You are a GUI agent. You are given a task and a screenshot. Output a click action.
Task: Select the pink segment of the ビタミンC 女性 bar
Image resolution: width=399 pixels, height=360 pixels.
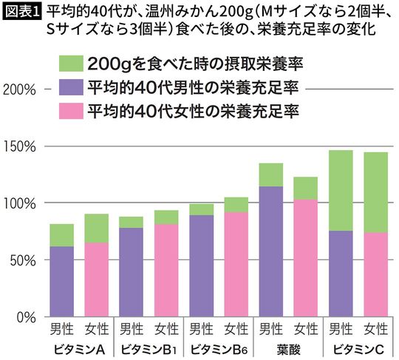[x=376, y=274]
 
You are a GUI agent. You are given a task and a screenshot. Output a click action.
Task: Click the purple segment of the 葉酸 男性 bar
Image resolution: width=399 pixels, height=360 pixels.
[x=271, y=251]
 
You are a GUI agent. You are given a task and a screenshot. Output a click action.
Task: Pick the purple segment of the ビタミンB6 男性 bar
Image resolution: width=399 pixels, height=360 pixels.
[x=202, y=265]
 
